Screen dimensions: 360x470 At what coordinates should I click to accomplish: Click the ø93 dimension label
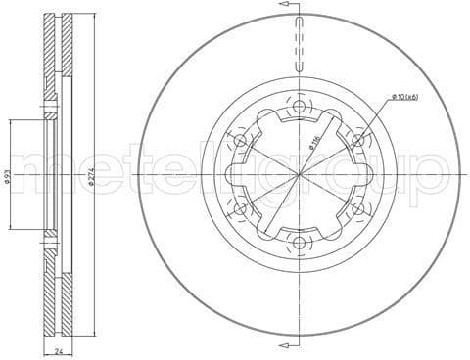(8, 176)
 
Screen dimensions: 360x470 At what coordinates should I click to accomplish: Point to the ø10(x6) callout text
(405, 96)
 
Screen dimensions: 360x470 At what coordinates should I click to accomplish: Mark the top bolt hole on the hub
(299, 107)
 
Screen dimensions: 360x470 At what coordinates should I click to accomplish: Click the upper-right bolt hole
(358, 141)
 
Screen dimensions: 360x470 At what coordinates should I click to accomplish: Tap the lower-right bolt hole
(358, 208)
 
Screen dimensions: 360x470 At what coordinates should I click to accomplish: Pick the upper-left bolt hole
(240, 141)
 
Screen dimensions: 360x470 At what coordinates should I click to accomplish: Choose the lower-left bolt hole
(240, 208)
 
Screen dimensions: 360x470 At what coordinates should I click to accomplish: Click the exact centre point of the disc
(299, 175)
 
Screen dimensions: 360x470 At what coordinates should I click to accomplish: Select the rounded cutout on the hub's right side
(370, 175)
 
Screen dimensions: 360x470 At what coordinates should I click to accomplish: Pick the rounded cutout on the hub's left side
(228, 175)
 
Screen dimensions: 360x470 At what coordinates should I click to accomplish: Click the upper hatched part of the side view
(55, 59)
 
